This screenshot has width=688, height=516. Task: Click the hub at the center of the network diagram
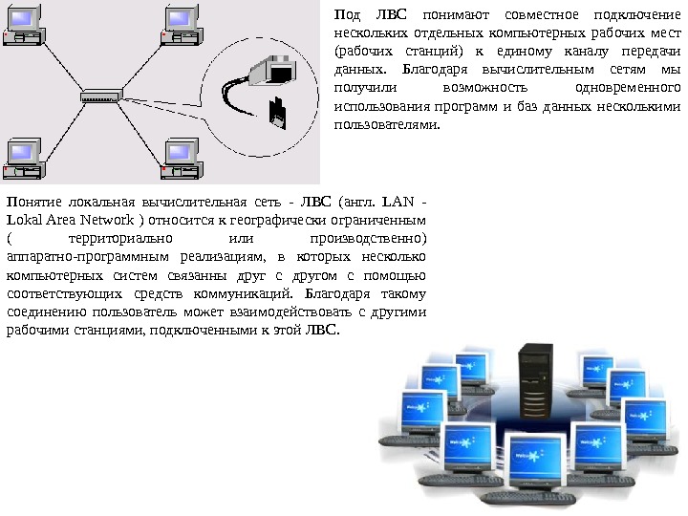tap(100, 97)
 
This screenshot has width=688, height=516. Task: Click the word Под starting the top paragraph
tap(346, 14)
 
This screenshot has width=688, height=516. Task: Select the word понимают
tap(452, 14)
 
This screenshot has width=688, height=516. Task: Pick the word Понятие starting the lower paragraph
tap(33, 202)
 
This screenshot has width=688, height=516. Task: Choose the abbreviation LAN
tap(397, 202)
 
